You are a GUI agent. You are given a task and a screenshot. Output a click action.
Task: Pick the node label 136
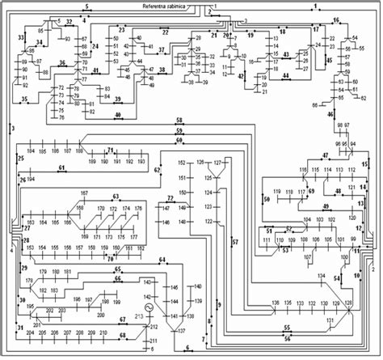point(276,303)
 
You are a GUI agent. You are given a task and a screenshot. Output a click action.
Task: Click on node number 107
point(307,258)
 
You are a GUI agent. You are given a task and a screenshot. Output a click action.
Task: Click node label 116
point(304,170)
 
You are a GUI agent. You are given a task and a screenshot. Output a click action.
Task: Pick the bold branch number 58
point(179,121)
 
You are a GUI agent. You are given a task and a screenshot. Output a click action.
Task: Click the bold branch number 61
point(61,167)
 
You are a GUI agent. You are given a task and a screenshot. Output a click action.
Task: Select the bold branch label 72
point(171,197)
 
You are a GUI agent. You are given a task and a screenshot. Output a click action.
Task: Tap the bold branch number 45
point(329,60)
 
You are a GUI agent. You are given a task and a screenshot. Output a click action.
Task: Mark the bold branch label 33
point(21,38)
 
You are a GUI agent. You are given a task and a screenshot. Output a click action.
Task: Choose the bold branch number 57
point(235,242)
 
